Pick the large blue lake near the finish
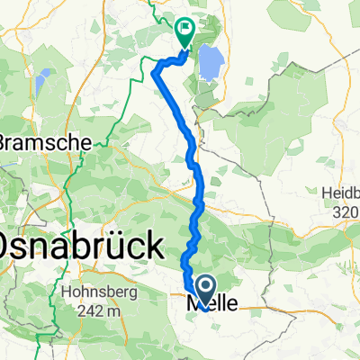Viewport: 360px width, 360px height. click(210, 63)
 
